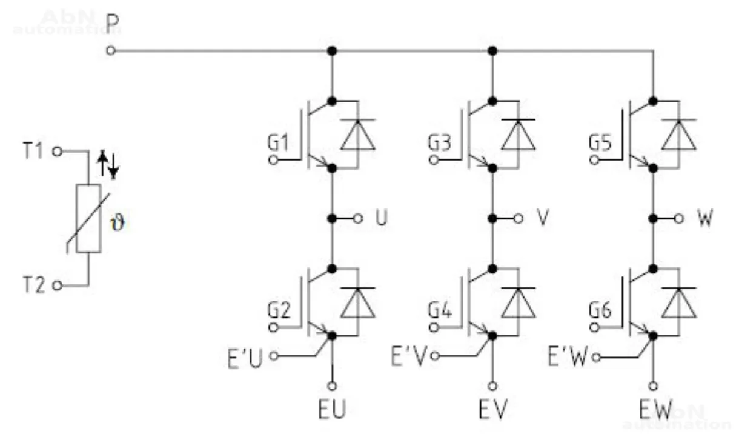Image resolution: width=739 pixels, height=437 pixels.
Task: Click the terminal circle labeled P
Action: tap(110, 52)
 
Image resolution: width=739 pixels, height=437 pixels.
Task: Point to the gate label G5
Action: tap(601, 144)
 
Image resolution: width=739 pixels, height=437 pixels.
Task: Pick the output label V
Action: tap(543, 218)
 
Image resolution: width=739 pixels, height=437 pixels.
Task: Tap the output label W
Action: tap(705, 218)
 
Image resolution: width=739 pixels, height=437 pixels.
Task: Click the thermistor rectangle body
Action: tap(88, 218)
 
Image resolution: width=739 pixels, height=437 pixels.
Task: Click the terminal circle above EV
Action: tap(493, 385)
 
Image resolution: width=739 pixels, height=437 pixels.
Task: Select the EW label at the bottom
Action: tap(655, 410)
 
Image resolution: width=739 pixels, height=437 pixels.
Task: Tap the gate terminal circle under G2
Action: tap(273, 328)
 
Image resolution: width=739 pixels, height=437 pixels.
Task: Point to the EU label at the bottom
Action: tap(332, 410)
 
